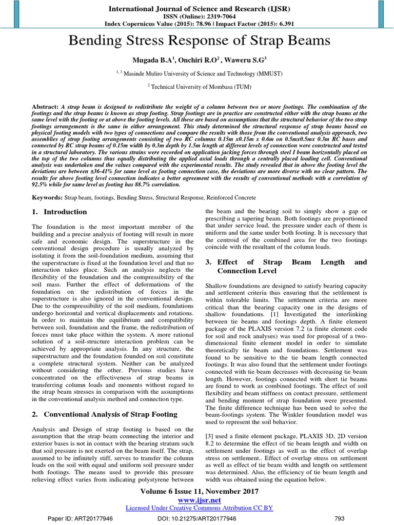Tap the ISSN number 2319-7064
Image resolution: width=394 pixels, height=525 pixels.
pos(212,17)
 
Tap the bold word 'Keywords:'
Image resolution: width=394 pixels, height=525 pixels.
pos(47,197)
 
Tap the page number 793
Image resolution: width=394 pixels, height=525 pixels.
pos(339,518)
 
